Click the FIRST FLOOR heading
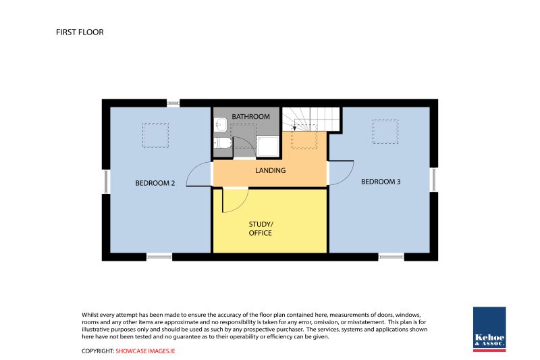point(80,32)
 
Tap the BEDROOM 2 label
point(155,183)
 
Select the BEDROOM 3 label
point(381,182)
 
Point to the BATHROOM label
point(250,116)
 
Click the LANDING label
point(271,170)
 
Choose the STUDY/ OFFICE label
point(261,228)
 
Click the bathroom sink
point(220,124)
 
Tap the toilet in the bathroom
point(222,143)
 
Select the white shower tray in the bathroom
point(267,146)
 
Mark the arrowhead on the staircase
point(294,128)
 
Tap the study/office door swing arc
point(242,204)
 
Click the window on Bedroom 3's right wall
point(434,179)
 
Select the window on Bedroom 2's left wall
point(106,182)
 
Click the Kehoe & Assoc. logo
point(489,330)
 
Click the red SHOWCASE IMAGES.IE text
point(145,351)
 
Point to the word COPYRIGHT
point(98,351)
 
